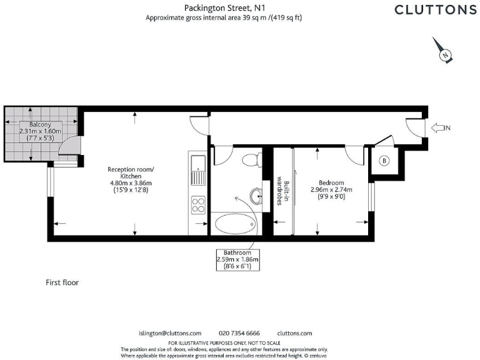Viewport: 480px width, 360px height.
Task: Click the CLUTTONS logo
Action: point(435,9)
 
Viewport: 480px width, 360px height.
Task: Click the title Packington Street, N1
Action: point(224,8)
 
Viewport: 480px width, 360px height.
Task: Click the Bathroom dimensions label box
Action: point(237,259)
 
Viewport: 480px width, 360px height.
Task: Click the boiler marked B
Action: point(384,161)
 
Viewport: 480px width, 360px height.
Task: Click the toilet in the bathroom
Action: point(254,160)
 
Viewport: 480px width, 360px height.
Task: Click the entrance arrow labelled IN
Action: point(441,128)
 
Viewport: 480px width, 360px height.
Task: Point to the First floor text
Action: point(62,282)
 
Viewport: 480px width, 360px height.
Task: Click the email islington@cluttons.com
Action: point(169,333)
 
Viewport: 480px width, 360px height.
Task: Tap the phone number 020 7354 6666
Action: point(239,333)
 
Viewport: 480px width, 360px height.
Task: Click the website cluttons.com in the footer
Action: point(294,333)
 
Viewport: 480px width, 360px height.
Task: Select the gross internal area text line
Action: point(224,18)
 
